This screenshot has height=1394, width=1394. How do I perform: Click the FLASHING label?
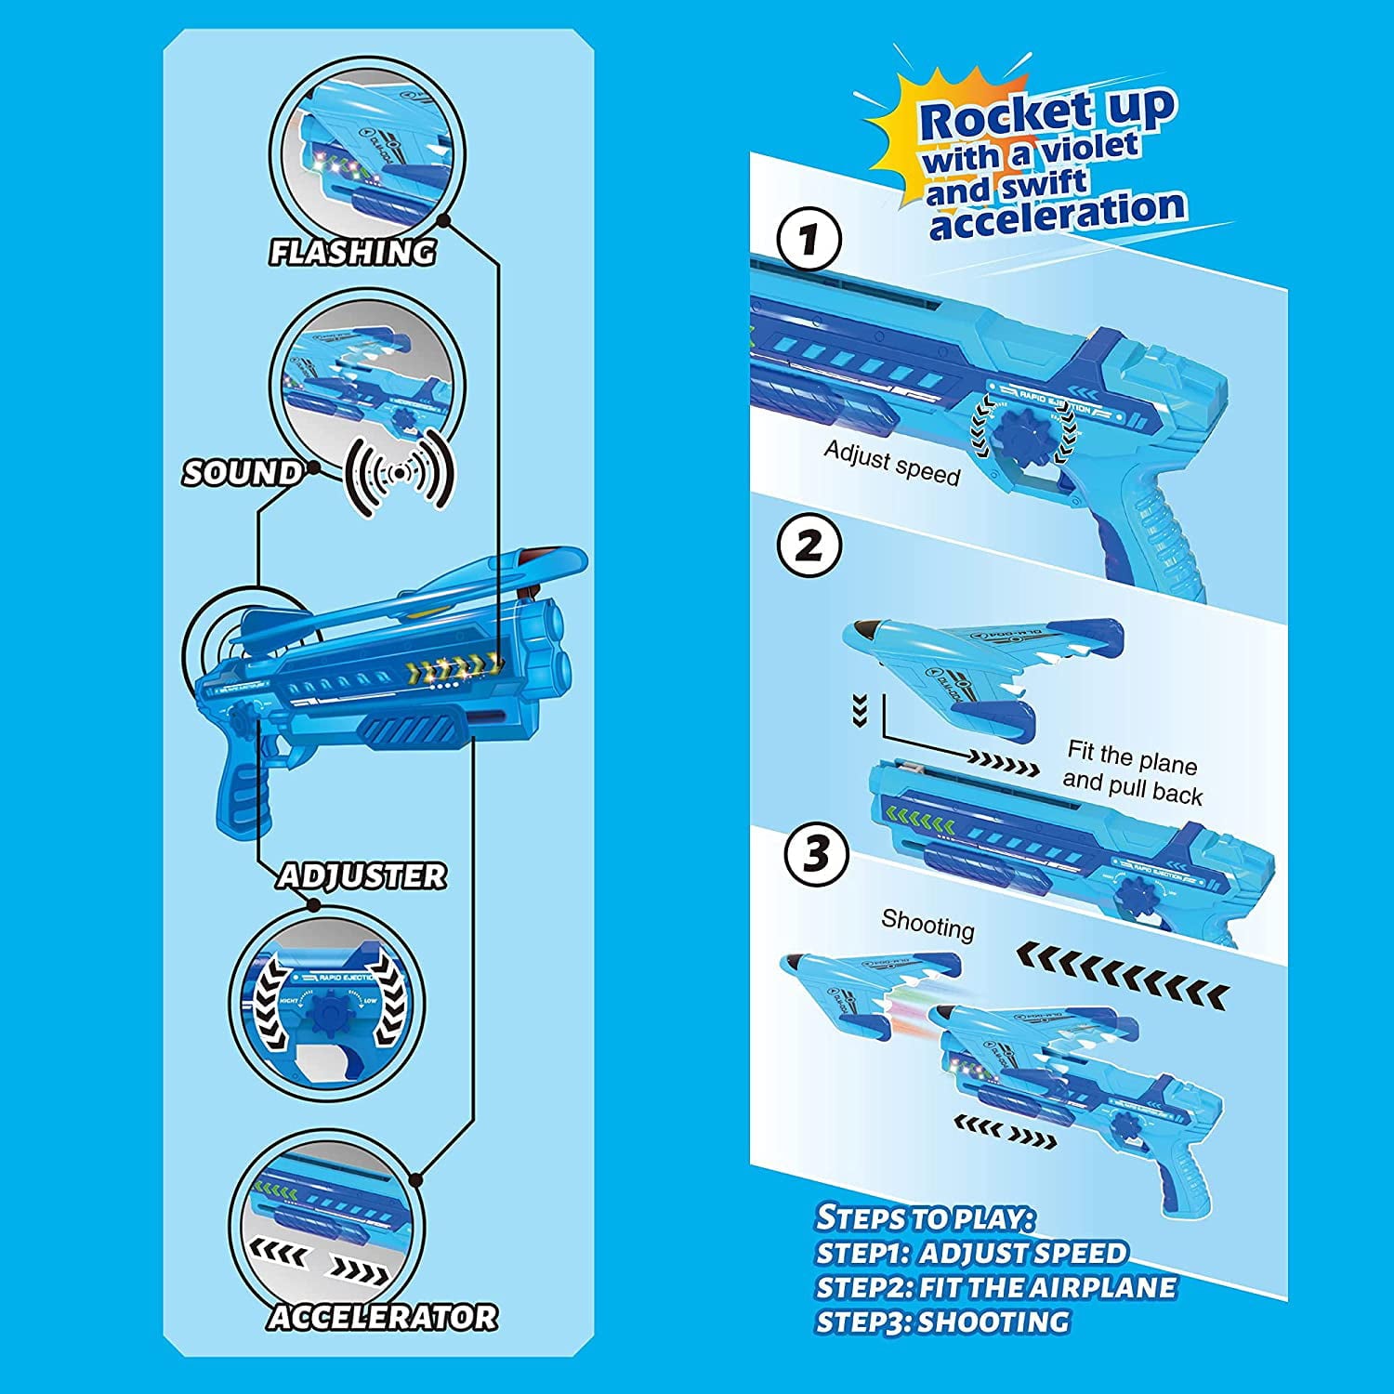[x=352, y=252]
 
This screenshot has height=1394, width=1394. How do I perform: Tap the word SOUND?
[x=242, y=473]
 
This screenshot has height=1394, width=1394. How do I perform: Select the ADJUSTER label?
[x=362, y=876]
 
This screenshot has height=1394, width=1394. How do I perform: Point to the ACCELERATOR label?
[x=382, y=1317]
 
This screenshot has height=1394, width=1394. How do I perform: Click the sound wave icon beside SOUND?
[x=400, y=473]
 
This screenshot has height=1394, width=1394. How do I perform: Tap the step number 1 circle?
[x=809, y=240]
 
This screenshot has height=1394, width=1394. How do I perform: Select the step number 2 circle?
[x=809, y=546]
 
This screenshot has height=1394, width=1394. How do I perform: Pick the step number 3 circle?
[x=816, y=854]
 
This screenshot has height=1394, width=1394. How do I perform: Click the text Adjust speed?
[x=891, y=462]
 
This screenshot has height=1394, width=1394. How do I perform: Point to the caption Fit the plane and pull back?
[x=1132, y=772]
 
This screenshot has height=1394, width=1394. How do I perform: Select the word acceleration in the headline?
[x=1058, y=214]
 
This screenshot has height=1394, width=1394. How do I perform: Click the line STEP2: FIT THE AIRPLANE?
[x=995, y=1287]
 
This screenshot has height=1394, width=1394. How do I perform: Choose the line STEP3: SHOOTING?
[x=942, y=1322]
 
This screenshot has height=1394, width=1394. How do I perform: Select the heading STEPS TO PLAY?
[x=925, y=1217]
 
